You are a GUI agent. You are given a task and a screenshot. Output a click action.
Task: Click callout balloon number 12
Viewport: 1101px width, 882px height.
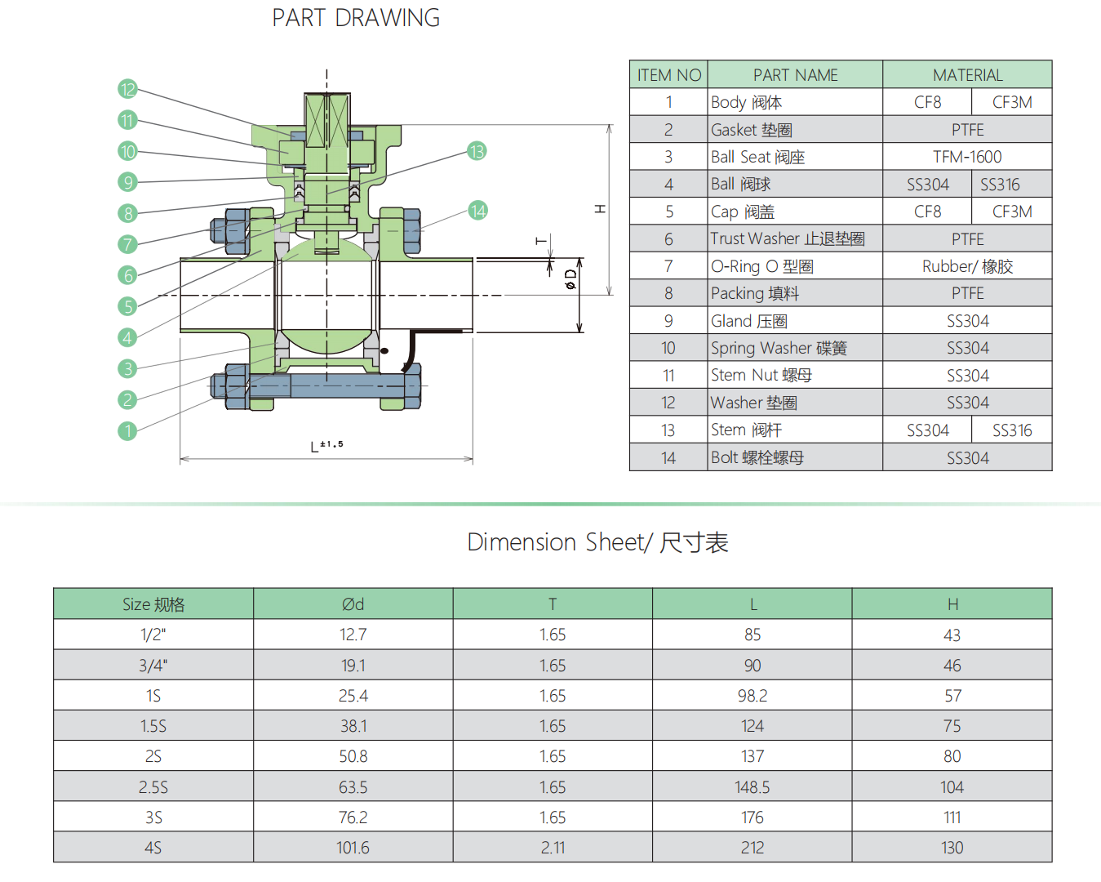point(127,89)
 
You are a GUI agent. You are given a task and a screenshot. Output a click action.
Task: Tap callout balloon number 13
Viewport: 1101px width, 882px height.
point(477,151)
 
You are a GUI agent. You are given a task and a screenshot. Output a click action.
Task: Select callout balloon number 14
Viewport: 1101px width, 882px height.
point(477,211)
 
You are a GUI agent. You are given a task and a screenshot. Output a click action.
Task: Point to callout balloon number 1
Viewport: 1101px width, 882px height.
point(127,430)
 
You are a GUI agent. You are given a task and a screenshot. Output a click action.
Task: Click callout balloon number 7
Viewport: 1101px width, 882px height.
point(127,244)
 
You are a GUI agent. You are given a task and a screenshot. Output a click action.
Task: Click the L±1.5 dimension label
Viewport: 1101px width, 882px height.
point(327,445)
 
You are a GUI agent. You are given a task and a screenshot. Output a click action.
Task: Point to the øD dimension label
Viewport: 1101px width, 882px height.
point(571,279)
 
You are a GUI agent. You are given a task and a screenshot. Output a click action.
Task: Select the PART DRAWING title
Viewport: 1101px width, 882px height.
point(356,18)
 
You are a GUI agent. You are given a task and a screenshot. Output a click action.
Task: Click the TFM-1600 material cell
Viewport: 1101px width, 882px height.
point(967,157)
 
